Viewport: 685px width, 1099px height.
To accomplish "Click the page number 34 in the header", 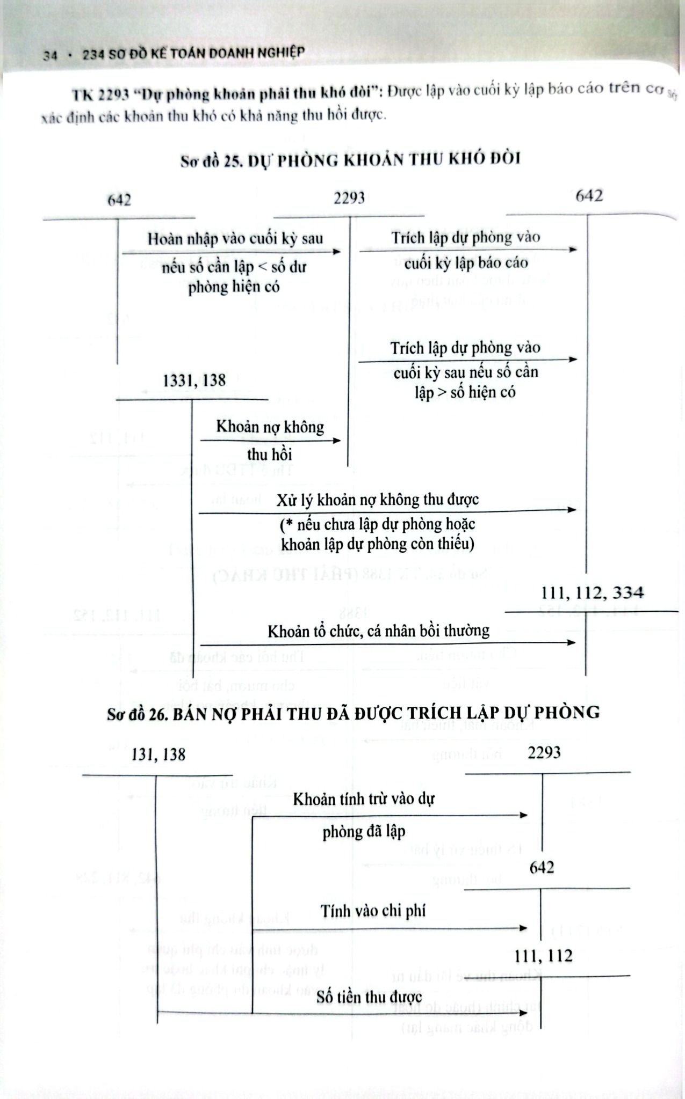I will click(51, 55).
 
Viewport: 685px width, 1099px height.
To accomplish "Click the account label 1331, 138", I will click(194, 380).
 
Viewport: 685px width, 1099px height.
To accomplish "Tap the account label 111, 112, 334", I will click(593, 592).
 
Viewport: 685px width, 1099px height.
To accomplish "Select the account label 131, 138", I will click(158, 755).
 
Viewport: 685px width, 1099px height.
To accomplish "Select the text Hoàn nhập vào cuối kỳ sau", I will click(235, 239).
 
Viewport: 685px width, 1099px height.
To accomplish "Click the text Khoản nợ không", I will click(270, 427).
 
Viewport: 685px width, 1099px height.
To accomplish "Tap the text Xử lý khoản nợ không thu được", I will click(378, 500).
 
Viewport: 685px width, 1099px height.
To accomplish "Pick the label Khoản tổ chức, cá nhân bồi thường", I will click(379, 631).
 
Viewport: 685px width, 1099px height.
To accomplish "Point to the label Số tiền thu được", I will click(369, 997).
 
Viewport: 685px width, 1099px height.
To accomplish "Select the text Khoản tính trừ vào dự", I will click(363, 799).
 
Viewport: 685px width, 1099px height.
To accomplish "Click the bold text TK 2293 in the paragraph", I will click(102, 94).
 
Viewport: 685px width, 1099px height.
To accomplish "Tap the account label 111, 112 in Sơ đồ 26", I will click(543, 956).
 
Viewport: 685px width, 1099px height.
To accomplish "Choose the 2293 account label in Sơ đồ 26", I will click(544, 753).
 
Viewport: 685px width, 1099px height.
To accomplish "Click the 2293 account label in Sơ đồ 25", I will click(349, 199).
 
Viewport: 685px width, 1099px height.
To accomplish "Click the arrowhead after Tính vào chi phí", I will click(523, 928).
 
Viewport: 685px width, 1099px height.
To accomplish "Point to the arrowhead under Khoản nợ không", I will click(337, 441).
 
